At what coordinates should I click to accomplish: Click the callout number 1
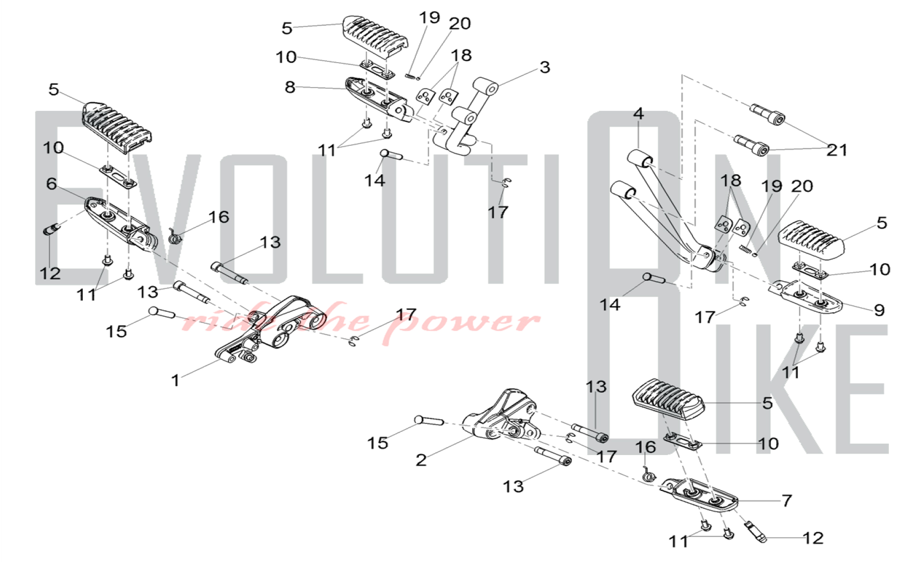tap(175, 381)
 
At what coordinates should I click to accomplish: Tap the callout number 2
tap(421, 460)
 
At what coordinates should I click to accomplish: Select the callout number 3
tap(545, 67)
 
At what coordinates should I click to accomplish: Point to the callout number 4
tap(638, 114)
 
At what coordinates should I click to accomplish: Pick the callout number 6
tap(52, 184)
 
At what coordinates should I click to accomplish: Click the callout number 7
tap(787, 500)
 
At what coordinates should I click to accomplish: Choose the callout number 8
tap(290, 87)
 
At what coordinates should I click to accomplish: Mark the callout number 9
tap(879, 310)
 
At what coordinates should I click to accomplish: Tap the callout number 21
tap(837, 150)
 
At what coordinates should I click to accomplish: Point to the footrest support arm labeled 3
tap(465, 120)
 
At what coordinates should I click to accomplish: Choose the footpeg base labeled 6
tap(120, 221)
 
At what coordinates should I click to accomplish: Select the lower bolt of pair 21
tap(752, 145)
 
